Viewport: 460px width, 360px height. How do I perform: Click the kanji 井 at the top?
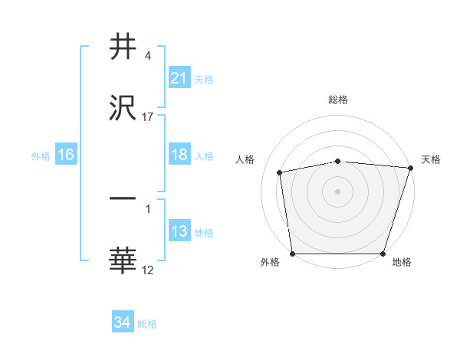(123, 47)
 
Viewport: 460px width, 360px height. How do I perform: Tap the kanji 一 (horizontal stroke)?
(123, 199)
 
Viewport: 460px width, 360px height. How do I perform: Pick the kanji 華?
(123, 260)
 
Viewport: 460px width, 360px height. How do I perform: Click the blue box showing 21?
(179, 78)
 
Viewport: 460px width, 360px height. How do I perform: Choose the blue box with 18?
(179, 155)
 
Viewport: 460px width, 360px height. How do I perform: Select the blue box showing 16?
(65, 155)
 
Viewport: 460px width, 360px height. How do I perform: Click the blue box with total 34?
(122, 322)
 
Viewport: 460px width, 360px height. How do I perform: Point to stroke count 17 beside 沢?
(148, 117)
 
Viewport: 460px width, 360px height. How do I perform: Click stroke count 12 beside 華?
(148, 270)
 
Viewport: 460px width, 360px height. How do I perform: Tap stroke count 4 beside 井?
(148, 56)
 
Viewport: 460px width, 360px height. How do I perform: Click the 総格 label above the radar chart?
(338, 100)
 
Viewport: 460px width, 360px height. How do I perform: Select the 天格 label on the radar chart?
(431, 159)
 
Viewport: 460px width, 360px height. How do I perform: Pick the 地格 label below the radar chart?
(402, 262)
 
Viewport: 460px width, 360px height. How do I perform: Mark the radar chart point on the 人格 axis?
(280, 172)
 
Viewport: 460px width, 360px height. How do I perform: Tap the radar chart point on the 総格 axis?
(338, 161)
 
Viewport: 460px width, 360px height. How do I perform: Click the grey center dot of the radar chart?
(338, 191)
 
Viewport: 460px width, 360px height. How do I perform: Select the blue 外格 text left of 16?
(40, 155)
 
